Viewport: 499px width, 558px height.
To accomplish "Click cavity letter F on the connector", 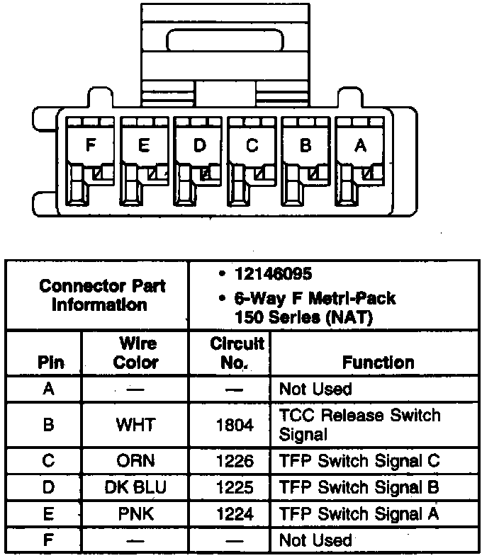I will pos(90,146).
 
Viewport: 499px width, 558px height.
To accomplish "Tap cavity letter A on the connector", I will pos(360,146).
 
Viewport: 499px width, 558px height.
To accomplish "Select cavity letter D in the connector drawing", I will pos(199,146).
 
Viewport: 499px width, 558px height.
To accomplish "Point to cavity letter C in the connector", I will pos(252,146).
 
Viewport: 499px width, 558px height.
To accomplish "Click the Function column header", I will pos(378,363).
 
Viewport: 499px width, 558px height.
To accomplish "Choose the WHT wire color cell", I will pos(135,425).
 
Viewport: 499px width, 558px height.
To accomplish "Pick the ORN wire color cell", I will pos(135,461).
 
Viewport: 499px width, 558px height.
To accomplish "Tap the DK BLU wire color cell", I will pos(135,487).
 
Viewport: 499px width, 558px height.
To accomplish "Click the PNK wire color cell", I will pos(135,513).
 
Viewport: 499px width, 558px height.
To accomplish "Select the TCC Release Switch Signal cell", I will pos(359,424).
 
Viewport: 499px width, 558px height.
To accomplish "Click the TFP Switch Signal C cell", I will pos(359,461).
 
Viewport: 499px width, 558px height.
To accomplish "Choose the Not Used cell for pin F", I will pos(315,540).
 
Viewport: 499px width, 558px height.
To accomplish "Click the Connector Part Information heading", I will pos(102,295).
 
